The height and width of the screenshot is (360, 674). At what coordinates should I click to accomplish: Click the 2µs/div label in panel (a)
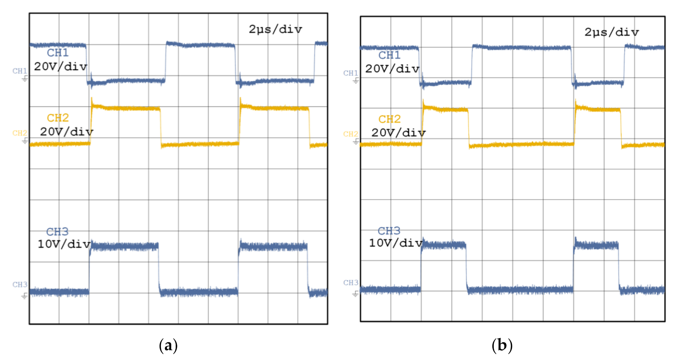275,29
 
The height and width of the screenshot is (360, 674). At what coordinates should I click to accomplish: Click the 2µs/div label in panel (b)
611,32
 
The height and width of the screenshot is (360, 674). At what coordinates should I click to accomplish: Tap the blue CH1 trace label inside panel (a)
58,53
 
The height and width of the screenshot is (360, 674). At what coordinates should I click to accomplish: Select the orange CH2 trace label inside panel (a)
58,118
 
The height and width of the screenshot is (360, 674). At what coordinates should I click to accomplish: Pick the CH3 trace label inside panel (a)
57,231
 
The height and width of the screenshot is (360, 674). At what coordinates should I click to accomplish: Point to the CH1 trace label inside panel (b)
389,55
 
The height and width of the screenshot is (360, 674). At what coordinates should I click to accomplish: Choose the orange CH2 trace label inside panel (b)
389,119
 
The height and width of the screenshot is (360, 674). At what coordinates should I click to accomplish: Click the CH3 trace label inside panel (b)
389,231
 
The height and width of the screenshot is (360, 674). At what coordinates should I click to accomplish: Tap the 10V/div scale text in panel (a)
64,244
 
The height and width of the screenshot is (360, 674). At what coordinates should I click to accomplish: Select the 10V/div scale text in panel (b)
395,243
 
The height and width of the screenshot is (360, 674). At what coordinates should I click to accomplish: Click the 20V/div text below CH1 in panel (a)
60,67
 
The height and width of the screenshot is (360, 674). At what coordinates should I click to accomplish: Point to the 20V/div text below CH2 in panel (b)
398,133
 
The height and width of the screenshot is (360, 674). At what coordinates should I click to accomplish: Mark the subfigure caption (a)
168,345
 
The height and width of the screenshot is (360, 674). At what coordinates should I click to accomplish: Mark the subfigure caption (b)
502,345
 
